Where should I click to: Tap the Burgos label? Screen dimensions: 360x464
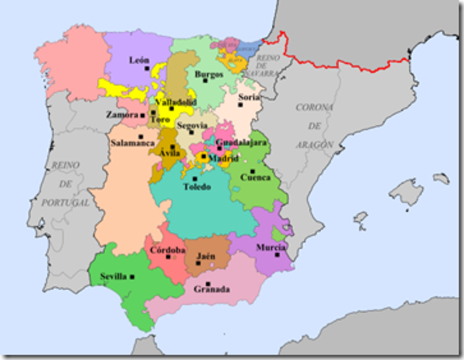tap(208, 73)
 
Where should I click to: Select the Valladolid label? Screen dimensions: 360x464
tap(175, 101)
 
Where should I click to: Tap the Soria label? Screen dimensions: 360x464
tap(249, 97)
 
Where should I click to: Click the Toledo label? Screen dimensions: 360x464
tap(197, 187)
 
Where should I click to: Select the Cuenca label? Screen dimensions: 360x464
tap(254, 178)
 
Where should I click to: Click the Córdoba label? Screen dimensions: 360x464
tap(167, 250)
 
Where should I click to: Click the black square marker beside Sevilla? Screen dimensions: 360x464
tap(132, 277)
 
